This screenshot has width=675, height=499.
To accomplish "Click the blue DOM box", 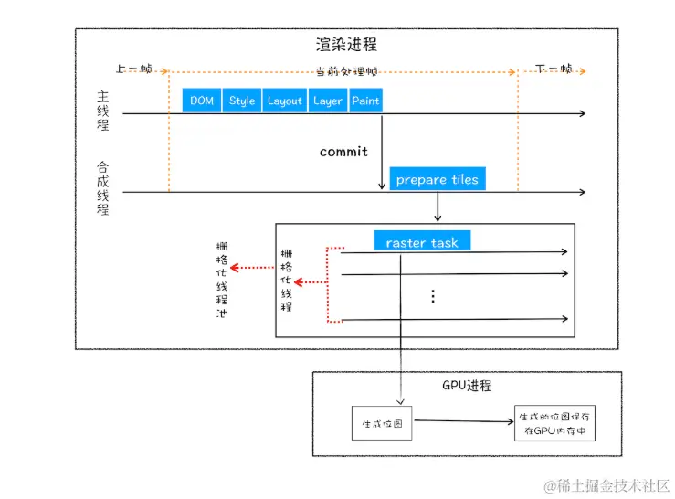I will (x=202, y=101).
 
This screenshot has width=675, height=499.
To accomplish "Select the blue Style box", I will (x=242, y=101).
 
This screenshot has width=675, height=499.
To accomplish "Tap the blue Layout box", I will (x=284, y=101).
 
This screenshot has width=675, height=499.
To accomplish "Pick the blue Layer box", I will (x=327, y=101).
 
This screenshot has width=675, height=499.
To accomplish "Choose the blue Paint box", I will (x=365, y=101).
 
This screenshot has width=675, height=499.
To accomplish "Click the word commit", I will (x=343, y=152).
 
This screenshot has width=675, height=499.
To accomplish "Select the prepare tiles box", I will (x=437, y=180).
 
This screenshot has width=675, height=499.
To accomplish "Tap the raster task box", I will (x=422, y=242).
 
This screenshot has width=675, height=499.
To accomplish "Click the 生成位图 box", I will (x=376, y=423).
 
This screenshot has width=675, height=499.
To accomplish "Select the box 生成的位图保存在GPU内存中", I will (x=554, y=422).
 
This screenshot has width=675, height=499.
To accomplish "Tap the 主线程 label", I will (x=103, y=111).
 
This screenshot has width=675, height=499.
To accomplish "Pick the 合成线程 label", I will (x=103, y=188).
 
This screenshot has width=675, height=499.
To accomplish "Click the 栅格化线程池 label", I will (x=220, y=279).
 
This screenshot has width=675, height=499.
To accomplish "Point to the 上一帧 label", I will (x=133, y=69).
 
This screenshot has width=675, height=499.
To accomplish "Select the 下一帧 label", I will (x=554, y=69).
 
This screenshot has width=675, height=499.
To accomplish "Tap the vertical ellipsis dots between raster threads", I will (x=433, y=296).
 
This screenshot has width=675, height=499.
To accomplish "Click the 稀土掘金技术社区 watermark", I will (x=606, y=484).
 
